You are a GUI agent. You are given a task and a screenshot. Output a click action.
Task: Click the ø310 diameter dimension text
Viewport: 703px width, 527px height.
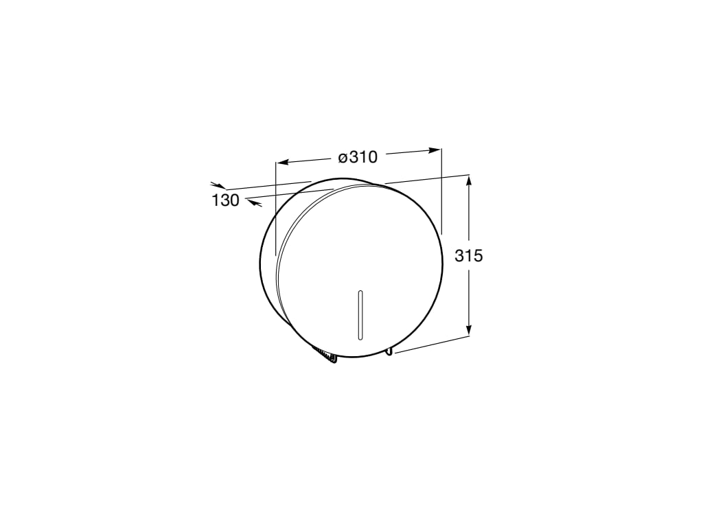(358, 157)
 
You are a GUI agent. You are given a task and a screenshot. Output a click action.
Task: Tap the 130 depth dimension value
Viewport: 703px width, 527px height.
(225, 201)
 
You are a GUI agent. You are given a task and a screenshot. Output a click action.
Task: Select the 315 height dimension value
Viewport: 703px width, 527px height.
(469, 256)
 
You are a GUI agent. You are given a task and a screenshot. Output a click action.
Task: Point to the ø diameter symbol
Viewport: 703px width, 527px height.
(342, 159)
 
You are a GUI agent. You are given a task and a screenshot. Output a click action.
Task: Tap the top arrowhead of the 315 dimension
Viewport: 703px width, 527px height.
(469, 180)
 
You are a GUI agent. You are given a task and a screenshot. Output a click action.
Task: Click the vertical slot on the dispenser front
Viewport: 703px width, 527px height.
(360, 315)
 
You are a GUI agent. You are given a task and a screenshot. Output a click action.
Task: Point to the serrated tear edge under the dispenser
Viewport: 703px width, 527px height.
(325, 355)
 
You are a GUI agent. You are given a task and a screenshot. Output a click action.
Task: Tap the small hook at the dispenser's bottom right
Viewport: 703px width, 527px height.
(389, 351)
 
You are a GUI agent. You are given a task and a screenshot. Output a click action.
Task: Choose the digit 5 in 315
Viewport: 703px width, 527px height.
(478, 256)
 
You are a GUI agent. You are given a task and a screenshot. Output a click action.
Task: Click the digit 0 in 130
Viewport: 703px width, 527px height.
(234, 201)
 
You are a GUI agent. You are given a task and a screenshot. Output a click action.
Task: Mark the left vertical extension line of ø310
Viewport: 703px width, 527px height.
(275, 206)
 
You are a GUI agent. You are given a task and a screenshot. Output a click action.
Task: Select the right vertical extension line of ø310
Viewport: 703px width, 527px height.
(441, 192)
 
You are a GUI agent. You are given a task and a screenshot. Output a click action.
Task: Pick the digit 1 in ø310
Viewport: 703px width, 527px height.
(361, 157)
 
